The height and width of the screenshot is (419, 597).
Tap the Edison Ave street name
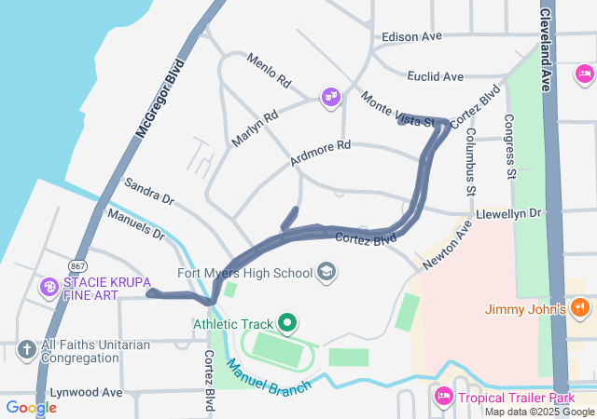click(411, 37)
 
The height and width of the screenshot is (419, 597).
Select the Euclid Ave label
click(435, 76)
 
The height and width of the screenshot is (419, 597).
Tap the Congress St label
click(510, 146)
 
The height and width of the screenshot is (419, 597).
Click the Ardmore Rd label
click(320, 154)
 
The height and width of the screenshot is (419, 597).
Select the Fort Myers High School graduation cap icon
click(326, 272)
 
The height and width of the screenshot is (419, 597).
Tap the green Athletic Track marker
click(287, 324)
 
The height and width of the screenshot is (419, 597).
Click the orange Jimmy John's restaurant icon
click(579, 307)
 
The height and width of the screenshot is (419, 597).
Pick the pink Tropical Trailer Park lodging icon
click(444, 397)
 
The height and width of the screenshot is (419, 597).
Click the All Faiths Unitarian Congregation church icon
click(27, 350)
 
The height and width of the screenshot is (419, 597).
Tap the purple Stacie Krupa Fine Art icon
click(48, 287)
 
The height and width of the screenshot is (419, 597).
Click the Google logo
click(31, 407)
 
